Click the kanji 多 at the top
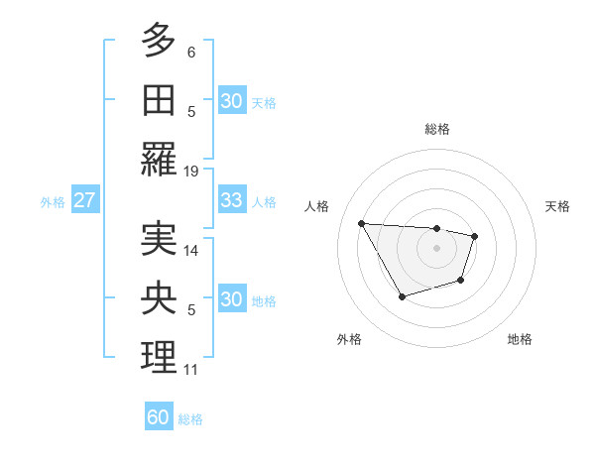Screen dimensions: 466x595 [159, 43]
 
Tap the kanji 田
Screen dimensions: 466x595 [159, 100]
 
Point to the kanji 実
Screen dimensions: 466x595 [159, 239]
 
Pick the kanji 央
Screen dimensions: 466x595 [159, 297]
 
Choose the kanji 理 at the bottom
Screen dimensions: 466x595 [159, 357]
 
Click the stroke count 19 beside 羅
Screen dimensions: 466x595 [191, 172]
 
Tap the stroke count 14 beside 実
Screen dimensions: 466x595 [191, 252]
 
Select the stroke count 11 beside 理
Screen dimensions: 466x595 [191, 370]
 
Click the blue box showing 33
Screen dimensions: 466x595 [231, 200]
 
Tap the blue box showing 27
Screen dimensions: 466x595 [84, 200]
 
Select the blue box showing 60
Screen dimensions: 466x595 [159, 417]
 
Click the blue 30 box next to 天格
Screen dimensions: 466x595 [231, 101]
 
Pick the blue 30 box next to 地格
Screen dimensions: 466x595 [231, 299]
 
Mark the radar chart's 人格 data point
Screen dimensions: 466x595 [362, 223]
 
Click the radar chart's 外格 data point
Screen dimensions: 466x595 [402, 296]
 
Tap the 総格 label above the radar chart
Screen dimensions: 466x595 [436, 129]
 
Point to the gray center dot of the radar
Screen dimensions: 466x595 [436, 248]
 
